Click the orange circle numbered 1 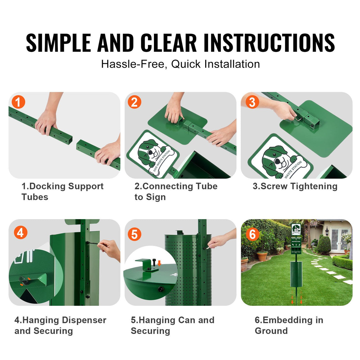coord(18,102)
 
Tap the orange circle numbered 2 coord(134,102)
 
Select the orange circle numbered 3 coord(252,102)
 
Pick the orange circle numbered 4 coord(20,233)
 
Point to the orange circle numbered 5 coord(134,234)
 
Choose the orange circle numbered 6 coord(252,234)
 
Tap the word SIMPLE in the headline coord(58,43)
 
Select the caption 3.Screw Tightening coord(295,186)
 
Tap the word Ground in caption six coord(271,331)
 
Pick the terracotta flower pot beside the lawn coord(262,256)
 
